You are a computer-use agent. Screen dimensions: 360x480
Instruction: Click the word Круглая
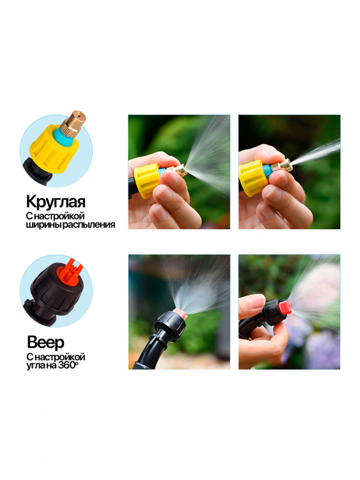(x=56, y=202)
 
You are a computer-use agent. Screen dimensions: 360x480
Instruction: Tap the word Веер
(x=45, y=342)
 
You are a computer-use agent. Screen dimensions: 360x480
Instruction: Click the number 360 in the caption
(x=67, y=365)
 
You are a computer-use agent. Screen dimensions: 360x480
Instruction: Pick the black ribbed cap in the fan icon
(x=58, y=289)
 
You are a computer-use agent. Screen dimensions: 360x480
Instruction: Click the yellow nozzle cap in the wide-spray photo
(x=146, y=180)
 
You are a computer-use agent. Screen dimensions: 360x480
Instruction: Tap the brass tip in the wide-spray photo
(x=178, y=170)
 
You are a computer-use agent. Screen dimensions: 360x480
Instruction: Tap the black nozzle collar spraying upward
(x=171, y=326)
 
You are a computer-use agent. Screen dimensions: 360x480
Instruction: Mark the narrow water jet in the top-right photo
(x=316, y=152)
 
